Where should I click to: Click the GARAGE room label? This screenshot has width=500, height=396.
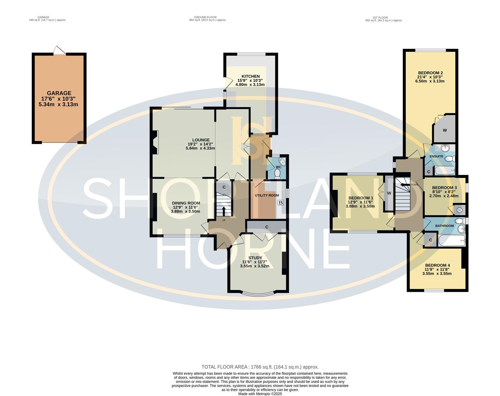(x=59, y=93)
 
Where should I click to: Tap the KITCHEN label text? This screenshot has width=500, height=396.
(x=250, y=76)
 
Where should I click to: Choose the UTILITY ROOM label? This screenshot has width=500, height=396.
(x=267, y=195)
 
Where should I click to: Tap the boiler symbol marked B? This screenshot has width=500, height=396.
(x=281, y=202)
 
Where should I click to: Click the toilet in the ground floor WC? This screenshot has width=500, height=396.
(x=277, y=173)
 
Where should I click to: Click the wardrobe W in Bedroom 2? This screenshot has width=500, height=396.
(x=444, y=130)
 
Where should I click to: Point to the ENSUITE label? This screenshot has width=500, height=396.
(x=436, y=157)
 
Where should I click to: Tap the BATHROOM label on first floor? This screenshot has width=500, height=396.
(x=444, y=226)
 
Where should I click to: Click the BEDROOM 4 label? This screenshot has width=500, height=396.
(x=437, y=265)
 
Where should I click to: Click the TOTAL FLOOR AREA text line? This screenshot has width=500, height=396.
(x=260, y=367)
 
